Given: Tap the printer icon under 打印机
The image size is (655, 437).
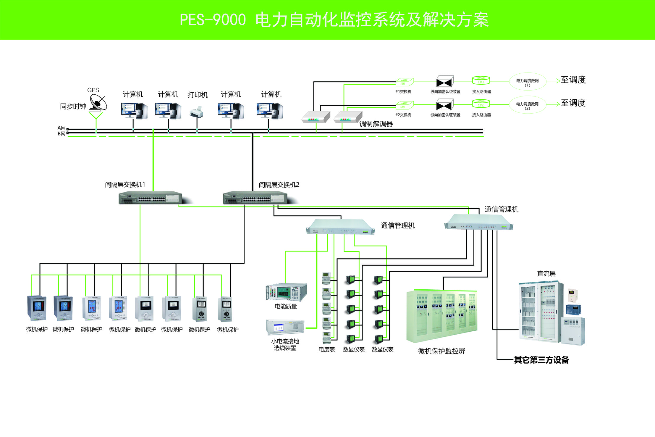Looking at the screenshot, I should point(196,113).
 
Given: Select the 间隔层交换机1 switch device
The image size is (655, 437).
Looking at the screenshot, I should point(151,198).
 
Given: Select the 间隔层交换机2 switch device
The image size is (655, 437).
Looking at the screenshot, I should point(255,198).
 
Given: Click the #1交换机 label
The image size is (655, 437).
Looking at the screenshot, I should point(403,92).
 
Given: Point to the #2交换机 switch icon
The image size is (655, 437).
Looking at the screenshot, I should point(404,105).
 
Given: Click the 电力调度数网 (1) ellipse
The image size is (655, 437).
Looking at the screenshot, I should point(527,81).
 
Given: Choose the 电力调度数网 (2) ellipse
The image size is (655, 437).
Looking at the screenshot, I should point(527,105).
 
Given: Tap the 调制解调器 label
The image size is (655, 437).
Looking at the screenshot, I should point(376,124).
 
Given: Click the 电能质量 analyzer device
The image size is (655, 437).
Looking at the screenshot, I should point(286,292).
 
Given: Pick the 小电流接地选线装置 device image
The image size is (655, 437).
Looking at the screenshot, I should point(285,328).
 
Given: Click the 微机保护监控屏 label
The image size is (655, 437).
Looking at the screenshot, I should point(441,351).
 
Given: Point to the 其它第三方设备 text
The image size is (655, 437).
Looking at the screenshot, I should point(541,360).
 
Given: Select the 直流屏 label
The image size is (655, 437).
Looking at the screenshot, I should point(546,274).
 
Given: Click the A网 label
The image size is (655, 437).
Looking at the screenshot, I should point(61,128).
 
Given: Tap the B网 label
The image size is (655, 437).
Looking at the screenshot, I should point(61,134).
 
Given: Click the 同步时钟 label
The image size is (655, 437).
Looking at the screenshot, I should point(73,107).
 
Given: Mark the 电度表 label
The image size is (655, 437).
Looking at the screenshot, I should point(326,349).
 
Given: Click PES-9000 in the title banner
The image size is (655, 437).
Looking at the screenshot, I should point(213,20).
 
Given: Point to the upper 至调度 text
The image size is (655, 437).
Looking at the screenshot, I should point(573,80).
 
